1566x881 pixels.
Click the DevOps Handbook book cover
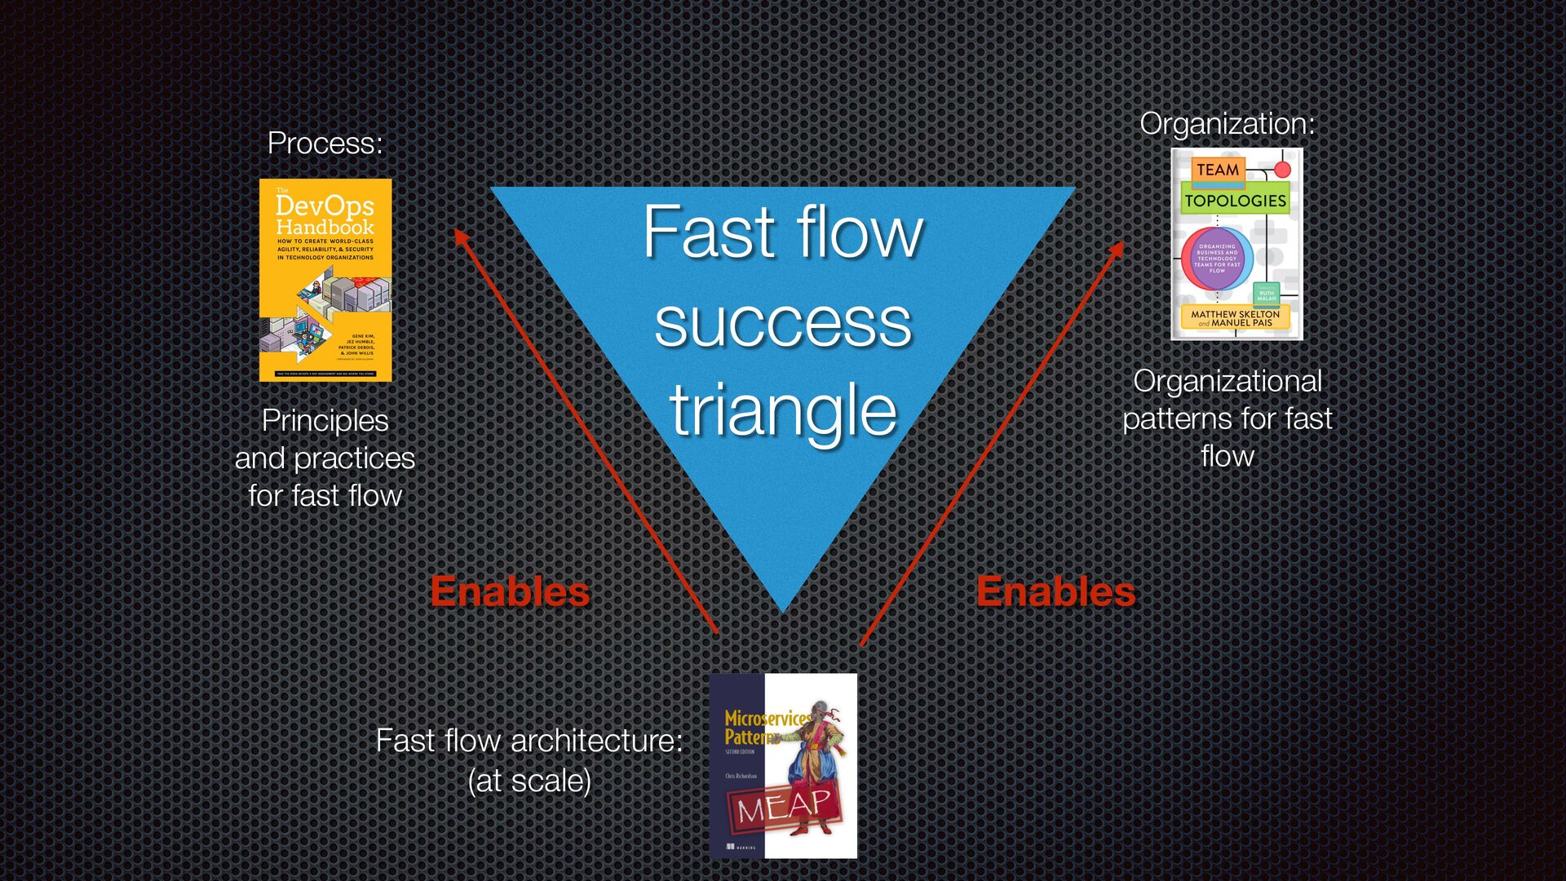[x=325, y=280]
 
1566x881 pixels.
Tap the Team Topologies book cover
[x=1236, y=243]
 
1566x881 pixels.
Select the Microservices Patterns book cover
[x=783, y=765]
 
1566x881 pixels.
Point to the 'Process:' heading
[x=325, y=144]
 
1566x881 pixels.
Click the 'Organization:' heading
[x=1227, y=124]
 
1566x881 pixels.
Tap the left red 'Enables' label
[x=510, y=591]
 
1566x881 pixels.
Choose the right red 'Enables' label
[x=1055, y=591]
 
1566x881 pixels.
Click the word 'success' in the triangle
[x=783, y=322]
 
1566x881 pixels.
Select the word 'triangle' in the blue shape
[x=783, y=410]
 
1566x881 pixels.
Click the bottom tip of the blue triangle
[x=783, y=608]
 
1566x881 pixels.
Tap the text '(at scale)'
[x=529, y=781]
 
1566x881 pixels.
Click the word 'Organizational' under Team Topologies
[x=1227, y=381]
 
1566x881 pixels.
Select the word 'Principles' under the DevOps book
[x=325, y=421]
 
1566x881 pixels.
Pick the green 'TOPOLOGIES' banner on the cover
[x=1235, y=201]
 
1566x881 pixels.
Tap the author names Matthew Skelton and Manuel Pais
[x=1235, y=318]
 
